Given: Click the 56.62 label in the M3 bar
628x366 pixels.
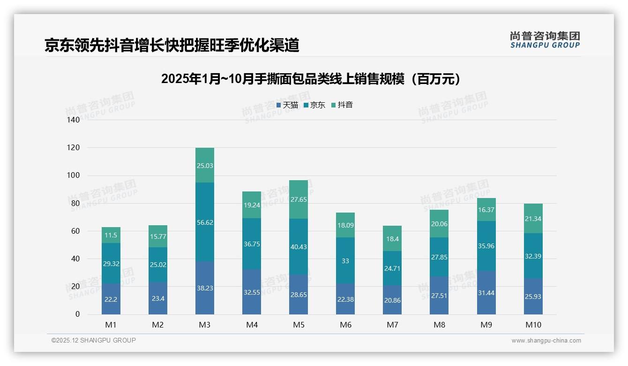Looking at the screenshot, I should point(205,222).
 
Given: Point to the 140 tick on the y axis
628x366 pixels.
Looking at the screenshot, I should point(74,120).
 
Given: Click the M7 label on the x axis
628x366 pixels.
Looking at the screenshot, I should point(392,325).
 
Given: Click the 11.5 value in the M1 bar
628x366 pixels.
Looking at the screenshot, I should point(111,236).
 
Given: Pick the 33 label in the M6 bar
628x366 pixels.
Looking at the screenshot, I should point(345,261).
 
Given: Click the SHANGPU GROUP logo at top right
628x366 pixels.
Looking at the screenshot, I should point(545,40).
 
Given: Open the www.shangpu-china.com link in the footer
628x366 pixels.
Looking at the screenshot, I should point(546,341).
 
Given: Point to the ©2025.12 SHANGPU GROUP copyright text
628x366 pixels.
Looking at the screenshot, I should point(94,340).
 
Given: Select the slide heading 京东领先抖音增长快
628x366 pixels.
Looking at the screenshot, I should point(172,45).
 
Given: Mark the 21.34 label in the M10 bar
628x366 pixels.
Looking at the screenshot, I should point(533,219).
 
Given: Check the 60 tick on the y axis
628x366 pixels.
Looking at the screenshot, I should point(75,231).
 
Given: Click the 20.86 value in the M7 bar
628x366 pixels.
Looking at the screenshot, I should point(392,300).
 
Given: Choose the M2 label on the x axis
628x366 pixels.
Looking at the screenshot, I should point(158,325).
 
